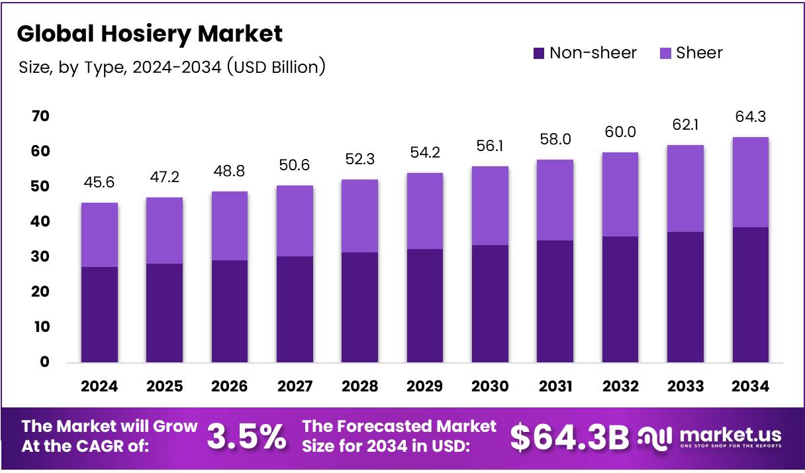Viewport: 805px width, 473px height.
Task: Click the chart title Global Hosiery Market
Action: [150, 33]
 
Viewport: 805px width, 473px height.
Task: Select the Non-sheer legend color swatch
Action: [539, 53]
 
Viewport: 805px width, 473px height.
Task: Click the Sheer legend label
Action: [699, 53]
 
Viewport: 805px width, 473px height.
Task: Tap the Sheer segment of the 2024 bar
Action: [99, 235]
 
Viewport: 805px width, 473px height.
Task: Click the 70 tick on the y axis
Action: [40, 117]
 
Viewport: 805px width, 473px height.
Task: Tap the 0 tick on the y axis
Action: [44, 362]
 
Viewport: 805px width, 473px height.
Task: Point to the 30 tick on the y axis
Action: [40, 257]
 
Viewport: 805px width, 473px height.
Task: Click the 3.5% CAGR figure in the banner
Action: [247, 437]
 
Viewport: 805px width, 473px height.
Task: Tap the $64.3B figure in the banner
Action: [569, 437]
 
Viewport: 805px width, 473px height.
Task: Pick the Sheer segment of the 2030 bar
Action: [490, 205]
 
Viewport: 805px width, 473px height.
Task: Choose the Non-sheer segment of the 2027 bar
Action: [295, 309]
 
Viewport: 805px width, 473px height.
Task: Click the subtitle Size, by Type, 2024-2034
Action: [171, 67]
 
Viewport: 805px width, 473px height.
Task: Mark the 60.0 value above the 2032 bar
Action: [620, 132]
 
